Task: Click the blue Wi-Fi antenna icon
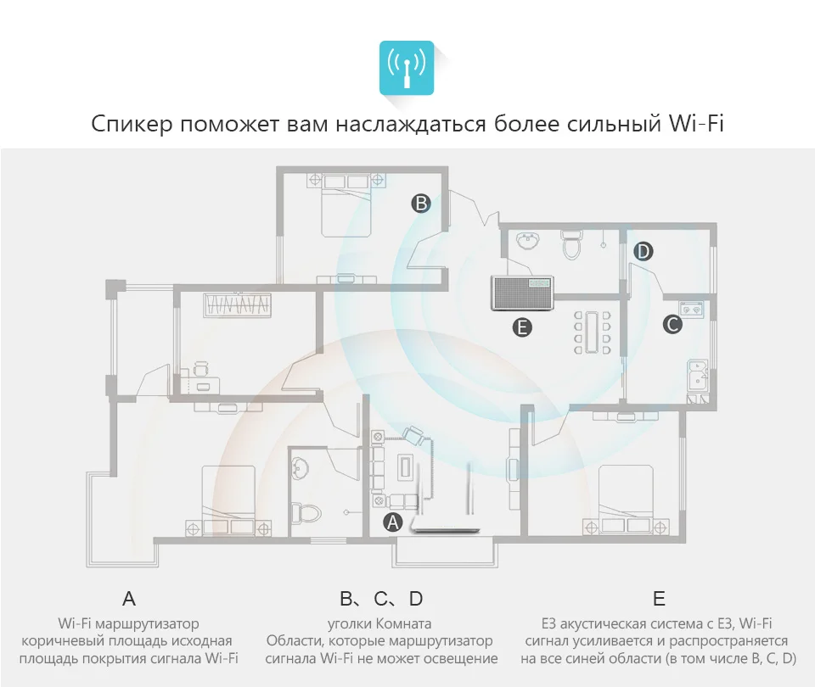tap(407, 68)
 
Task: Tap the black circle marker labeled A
tap(392, 522)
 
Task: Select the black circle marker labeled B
tap(421, 203)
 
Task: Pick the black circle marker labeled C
tap(672, 325)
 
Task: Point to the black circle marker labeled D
tap(643, 251)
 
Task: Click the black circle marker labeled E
tap(522, 327)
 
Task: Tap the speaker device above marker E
tap(522, 293)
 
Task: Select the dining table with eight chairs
tap(592, 332)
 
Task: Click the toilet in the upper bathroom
tap(571, 244)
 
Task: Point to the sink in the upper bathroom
tap(528, 241)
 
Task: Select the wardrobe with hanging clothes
tap(238, 305)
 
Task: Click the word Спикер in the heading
tap(132, 125)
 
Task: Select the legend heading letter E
tap(659, 599)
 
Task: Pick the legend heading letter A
tap(129, 599)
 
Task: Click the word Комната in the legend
tap(403, 623)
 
